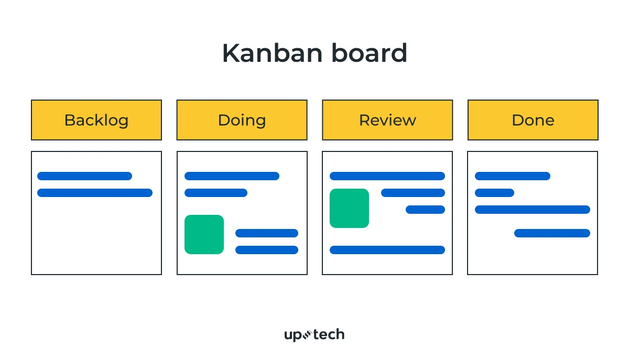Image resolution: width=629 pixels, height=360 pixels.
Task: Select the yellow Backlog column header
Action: click(96, 120)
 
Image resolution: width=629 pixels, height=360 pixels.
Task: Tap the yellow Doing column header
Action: click(242, 120)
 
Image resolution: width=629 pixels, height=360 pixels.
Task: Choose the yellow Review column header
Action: click(387, 120)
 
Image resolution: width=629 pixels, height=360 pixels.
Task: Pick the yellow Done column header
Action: click(533, 120)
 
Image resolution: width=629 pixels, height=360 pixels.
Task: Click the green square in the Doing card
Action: click(204, 234)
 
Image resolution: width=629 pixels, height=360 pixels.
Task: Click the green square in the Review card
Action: click(349, 208)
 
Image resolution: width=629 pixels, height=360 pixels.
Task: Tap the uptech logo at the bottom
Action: click(314, 334)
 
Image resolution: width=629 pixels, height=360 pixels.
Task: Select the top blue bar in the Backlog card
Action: click(84, 176)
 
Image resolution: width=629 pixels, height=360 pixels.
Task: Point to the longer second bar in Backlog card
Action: click(95, 193)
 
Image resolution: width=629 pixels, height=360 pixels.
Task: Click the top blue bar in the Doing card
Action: click(232, 176)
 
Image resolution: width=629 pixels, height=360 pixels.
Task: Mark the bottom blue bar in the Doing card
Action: click(267, 250)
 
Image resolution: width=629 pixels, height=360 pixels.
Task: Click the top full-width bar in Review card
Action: click(387, 176)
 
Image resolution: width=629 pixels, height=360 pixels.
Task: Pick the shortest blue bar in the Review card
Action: click(425, 210)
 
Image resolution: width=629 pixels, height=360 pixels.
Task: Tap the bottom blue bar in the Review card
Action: click(387, 250)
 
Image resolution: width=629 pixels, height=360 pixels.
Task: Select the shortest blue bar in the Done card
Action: click(494, 193)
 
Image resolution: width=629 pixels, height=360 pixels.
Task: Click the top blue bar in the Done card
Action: click(513, 176)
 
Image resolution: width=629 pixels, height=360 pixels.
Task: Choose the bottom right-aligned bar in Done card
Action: click(552, 233)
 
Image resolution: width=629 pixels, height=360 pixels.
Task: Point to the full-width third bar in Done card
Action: click(533, 210)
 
